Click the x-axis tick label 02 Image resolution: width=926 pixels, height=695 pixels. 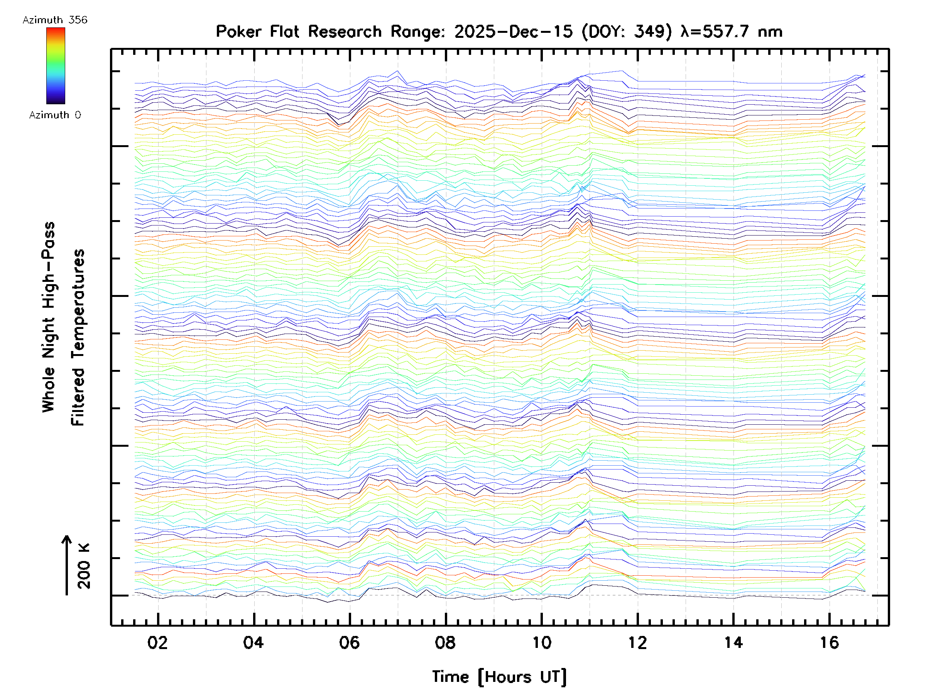[x=157, y=642]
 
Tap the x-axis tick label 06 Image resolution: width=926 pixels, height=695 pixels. [x=349, y=642]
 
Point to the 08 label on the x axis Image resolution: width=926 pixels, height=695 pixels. [x=445, y=642]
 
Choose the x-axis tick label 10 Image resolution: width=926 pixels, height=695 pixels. [x=541, y=642]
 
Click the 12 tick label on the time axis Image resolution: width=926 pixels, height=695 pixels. [x=637, y=642]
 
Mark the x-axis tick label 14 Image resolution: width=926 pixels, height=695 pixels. [x=733, y=642]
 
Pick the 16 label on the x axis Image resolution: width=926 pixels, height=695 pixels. [x=829, y=642]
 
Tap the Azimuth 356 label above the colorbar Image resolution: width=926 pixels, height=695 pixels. [x=55, y=20]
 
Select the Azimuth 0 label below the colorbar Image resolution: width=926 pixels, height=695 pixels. [x=55, y=115]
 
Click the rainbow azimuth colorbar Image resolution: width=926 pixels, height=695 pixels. [x=56, y=66]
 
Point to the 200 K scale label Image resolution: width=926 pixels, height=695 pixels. [x=84, y=566]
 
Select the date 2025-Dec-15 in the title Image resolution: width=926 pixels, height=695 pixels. [x=513, y=32]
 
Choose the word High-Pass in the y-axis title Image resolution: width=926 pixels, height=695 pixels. [x=49, y=265]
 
